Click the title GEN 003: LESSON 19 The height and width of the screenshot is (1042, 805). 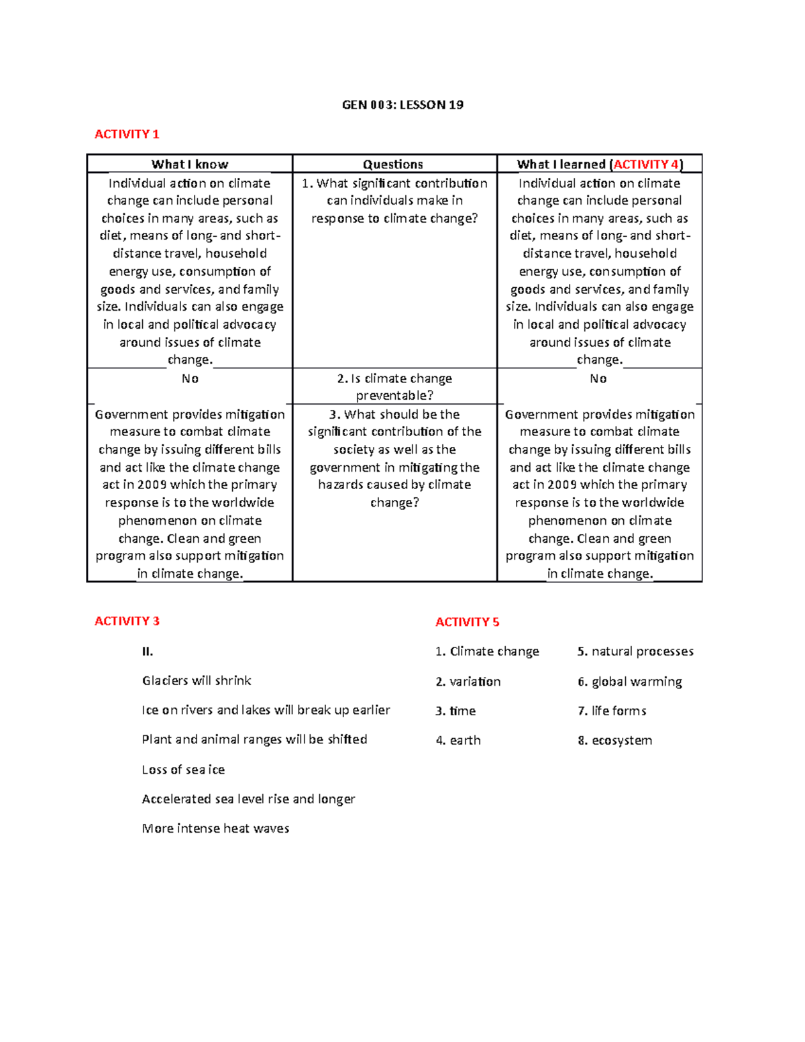(x=402, y=105)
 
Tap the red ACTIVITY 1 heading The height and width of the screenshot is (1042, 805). (x=127, y=134)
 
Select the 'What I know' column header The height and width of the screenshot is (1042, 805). (x=190, y=164)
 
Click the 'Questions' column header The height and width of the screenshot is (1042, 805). (x=393, y=164)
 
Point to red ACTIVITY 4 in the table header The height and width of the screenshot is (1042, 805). (x=646, y=164)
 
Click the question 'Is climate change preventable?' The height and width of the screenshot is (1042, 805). (x=394, y=387)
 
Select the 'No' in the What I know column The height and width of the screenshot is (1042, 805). (x=190, y=379)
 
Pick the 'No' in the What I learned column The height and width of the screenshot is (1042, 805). (x=598, y=379)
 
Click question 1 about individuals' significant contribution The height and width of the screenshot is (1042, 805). (x=394, y=201)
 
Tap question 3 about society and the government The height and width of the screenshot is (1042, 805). (x=394, y=458)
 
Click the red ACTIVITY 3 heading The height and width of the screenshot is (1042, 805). (x=127, y=621)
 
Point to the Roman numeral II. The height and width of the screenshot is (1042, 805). (x=148, y=652)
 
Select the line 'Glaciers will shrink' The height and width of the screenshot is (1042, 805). (x=197, y=681)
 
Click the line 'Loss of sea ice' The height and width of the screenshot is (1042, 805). (x=183, y=770)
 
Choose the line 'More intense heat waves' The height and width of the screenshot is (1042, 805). (x=215, y=829)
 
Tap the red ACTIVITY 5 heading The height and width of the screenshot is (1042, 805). (x=468, y=622)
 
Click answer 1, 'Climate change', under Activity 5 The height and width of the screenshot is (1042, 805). (x=488, y=652)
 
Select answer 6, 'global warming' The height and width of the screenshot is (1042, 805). (x=630, y=682)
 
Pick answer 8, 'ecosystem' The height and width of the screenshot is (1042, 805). (x=615, y=741)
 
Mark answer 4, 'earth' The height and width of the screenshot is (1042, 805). (x=459, y=741)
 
